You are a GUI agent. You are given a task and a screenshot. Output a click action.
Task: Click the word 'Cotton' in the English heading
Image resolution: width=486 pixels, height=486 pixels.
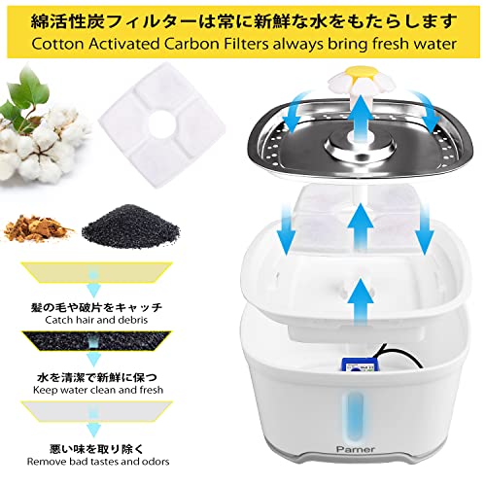(57, 45)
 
